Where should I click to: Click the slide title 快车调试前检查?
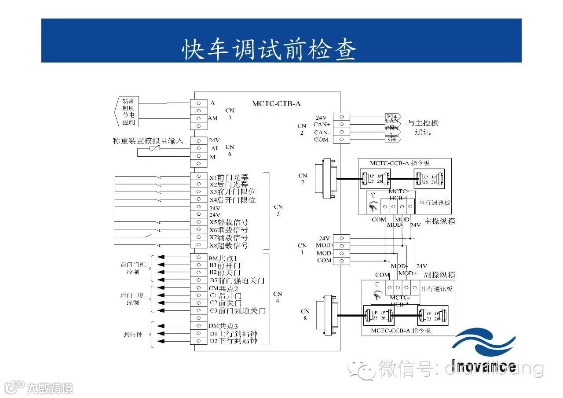tap(269, 49)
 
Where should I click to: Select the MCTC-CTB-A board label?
tap(276, 104)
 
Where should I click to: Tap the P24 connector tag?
tap(392, 116)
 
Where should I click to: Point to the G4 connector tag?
tap(392, 140)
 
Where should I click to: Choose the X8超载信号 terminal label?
tap(228, 245)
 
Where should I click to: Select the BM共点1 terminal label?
tap(223, 258)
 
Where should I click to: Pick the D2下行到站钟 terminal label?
tap(233, 341)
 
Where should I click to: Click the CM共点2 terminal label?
tap(223, 288)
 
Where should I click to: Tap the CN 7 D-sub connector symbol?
tap(326, 178)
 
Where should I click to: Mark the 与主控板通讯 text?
tap(422, 127)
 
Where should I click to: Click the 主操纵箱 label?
tap(440, 221)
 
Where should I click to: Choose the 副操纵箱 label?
tap(440, 275)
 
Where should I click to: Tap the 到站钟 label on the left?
tap(133, 334)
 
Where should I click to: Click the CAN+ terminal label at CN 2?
tap(322, 125)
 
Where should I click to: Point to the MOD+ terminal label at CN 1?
tap(325, 245)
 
